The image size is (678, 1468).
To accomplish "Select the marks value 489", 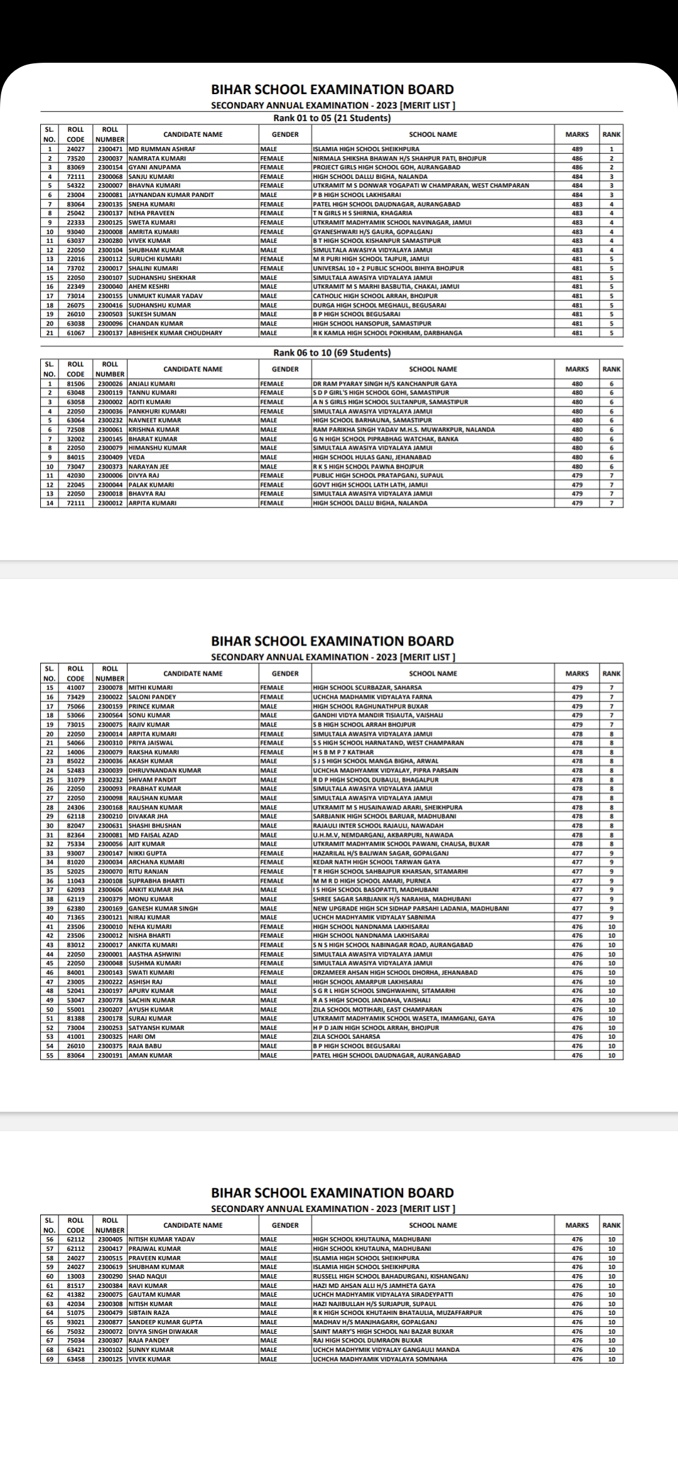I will click(577, 149).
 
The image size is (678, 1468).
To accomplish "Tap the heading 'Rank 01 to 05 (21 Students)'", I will click(331, 118).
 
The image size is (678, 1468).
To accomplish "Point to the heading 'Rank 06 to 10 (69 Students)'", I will click(331, 353).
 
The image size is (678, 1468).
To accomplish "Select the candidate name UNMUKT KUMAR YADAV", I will click(161, 295).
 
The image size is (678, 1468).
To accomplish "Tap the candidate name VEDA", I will click(136, 457).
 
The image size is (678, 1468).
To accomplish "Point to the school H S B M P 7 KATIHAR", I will click(343, 752).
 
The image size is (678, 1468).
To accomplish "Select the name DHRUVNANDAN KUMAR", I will click(164, 770).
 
